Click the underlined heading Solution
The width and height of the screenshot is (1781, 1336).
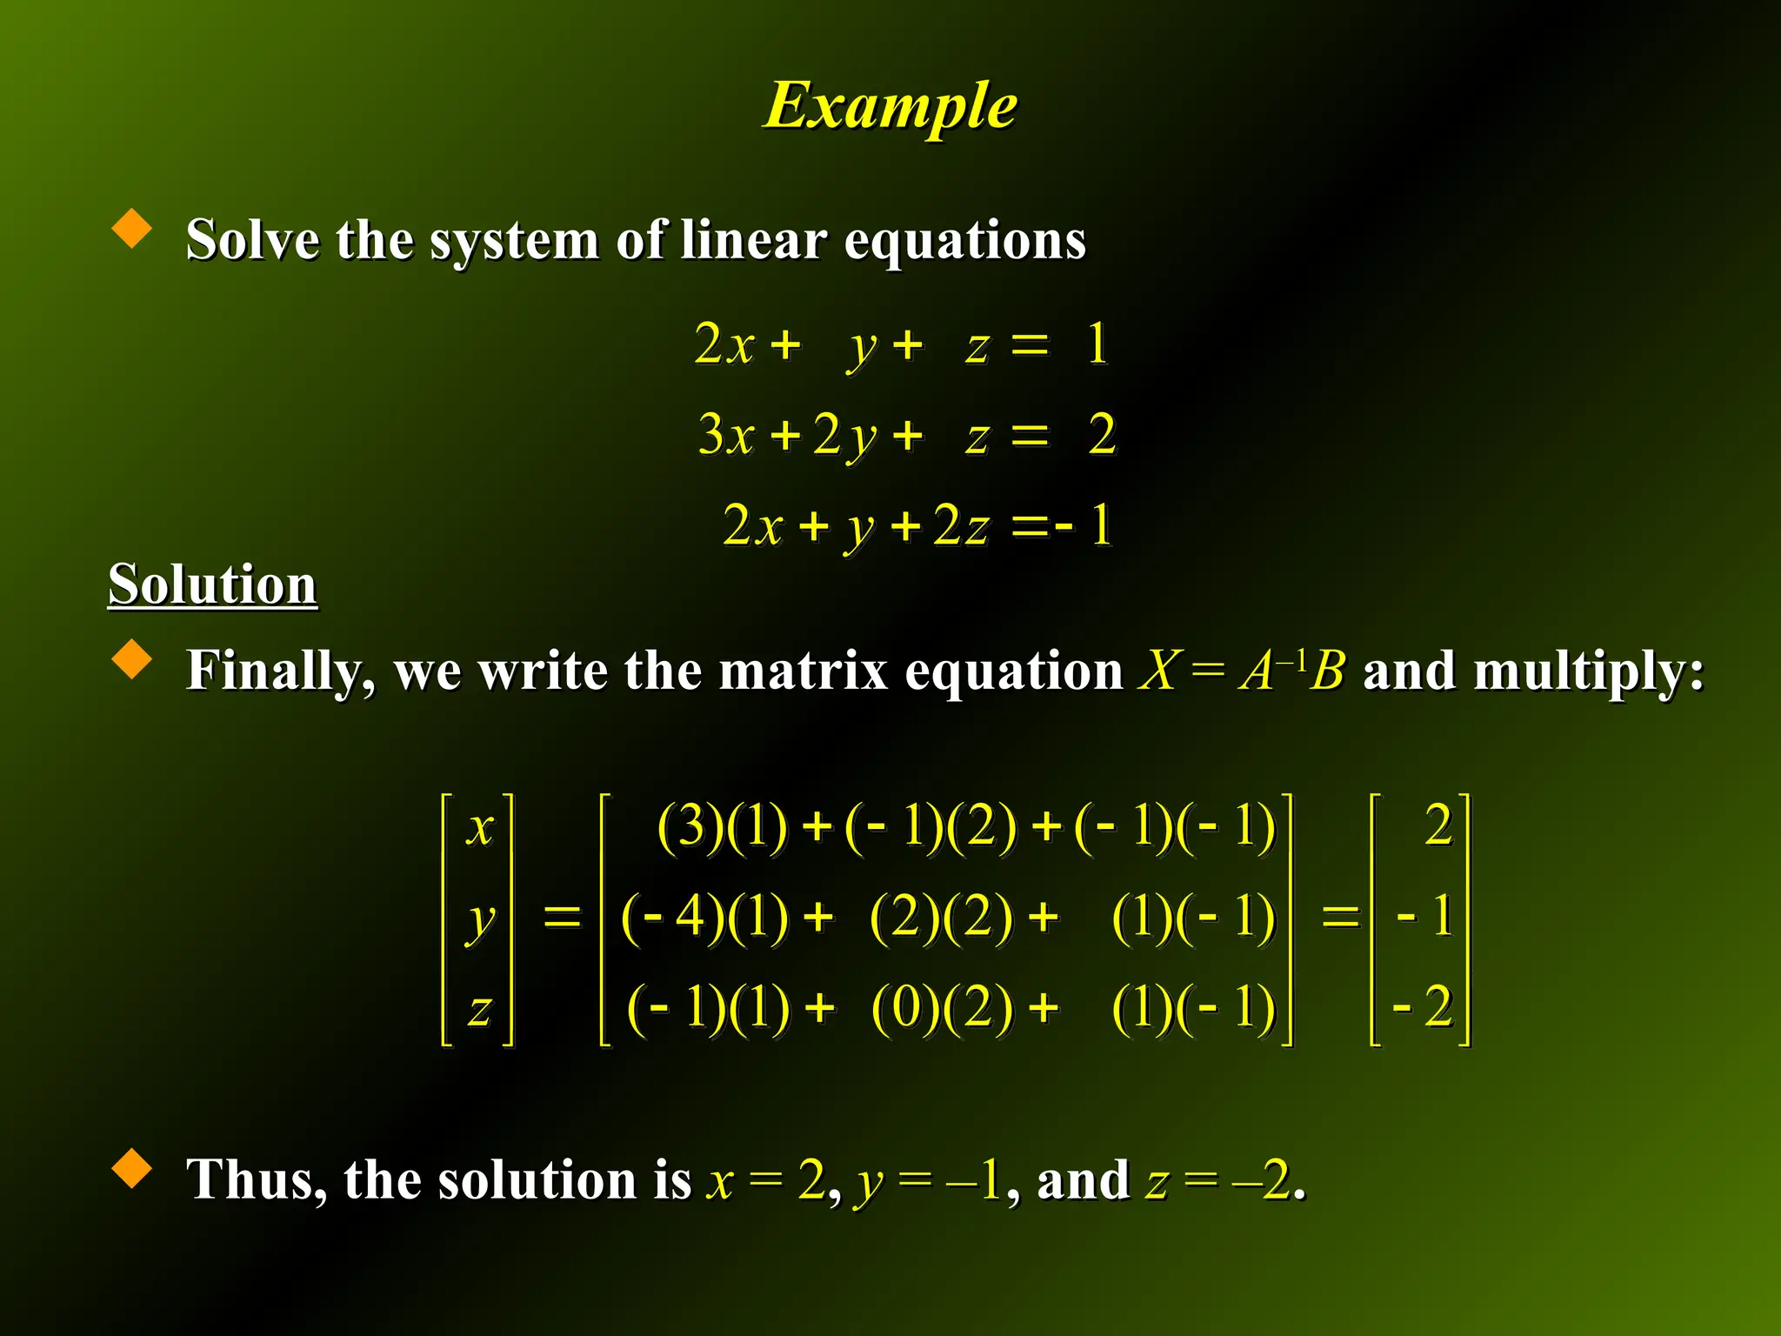(212, 584)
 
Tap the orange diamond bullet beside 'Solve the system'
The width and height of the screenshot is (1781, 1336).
(132, 228)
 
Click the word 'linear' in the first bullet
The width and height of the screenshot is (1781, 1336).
(753, 239)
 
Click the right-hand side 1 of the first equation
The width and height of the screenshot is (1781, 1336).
(1097, 344)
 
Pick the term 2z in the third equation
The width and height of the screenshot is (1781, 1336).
(961, 525)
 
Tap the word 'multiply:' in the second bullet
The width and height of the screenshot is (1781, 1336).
(1533, 672)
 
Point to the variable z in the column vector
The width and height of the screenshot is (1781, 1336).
(479, 1010)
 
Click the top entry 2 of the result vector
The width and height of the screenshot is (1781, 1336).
(1438, 825)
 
